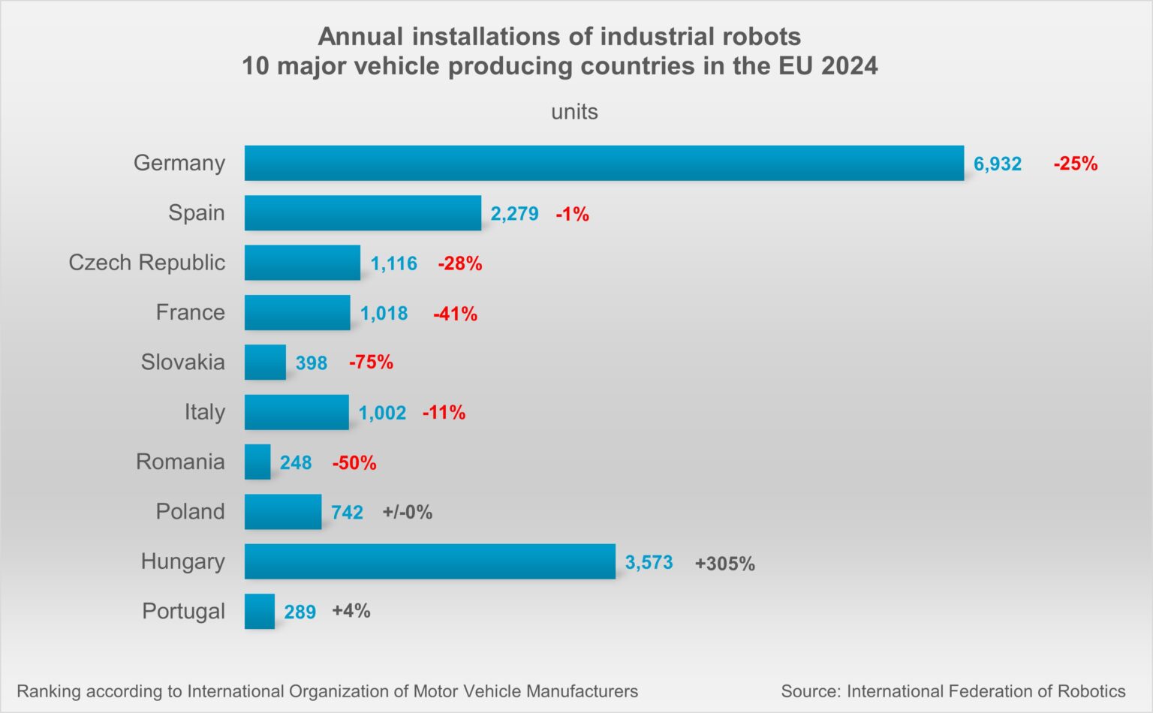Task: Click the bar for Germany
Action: click(604, 163)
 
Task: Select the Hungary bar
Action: click(429, 561)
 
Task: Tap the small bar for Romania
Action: click(257, 462)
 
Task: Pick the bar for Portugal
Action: click(260, 611)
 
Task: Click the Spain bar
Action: click(363, 213)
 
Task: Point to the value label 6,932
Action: click(997, 164)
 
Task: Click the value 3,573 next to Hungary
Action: click(649, 562)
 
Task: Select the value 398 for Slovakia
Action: click(311, 363)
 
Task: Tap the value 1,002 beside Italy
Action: click(382, 413)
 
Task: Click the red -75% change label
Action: click(371, 363)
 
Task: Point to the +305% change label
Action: click(724, 564)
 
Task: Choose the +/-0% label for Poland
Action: click(407, 513)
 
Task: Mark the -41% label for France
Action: click(455, 314)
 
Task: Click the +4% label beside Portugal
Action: click(351, 611)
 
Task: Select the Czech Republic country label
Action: click(146, 263)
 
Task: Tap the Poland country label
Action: click(190, 512)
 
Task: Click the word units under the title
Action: click(574, 112)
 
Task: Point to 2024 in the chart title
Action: click(849, 66)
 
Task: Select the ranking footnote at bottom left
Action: click(327, 691)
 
